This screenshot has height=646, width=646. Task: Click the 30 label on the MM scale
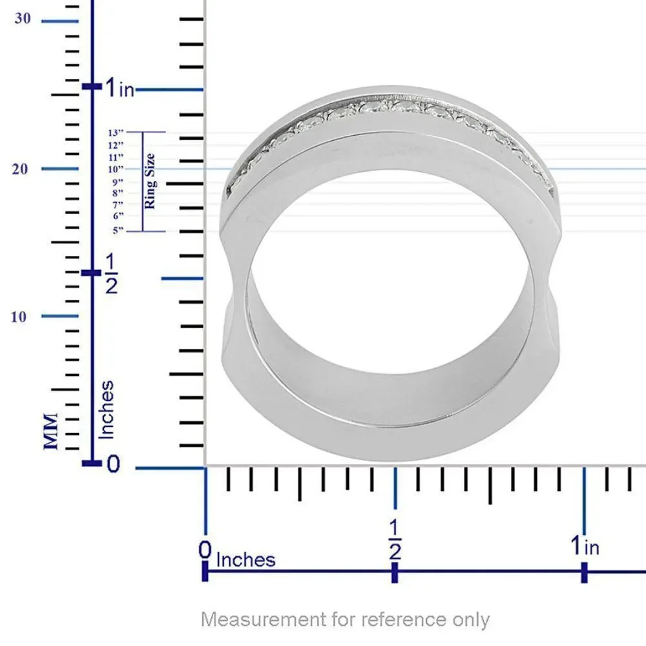point(23,19)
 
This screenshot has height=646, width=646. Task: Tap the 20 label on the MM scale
point(20,169)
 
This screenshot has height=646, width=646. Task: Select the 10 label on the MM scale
point(18,317)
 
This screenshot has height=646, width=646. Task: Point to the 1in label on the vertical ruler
point(120,88)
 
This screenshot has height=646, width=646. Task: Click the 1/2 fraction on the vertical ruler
point(111,273)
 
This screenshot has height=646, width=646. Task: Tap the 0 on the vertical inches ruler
point(113,464)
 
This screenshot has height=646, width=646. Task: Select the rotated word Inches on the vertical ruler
point(107,410)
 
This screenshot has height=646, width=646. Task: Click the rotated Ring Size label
point(150,181)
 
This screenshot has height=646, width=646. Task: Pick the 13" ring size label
point(116,132)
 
